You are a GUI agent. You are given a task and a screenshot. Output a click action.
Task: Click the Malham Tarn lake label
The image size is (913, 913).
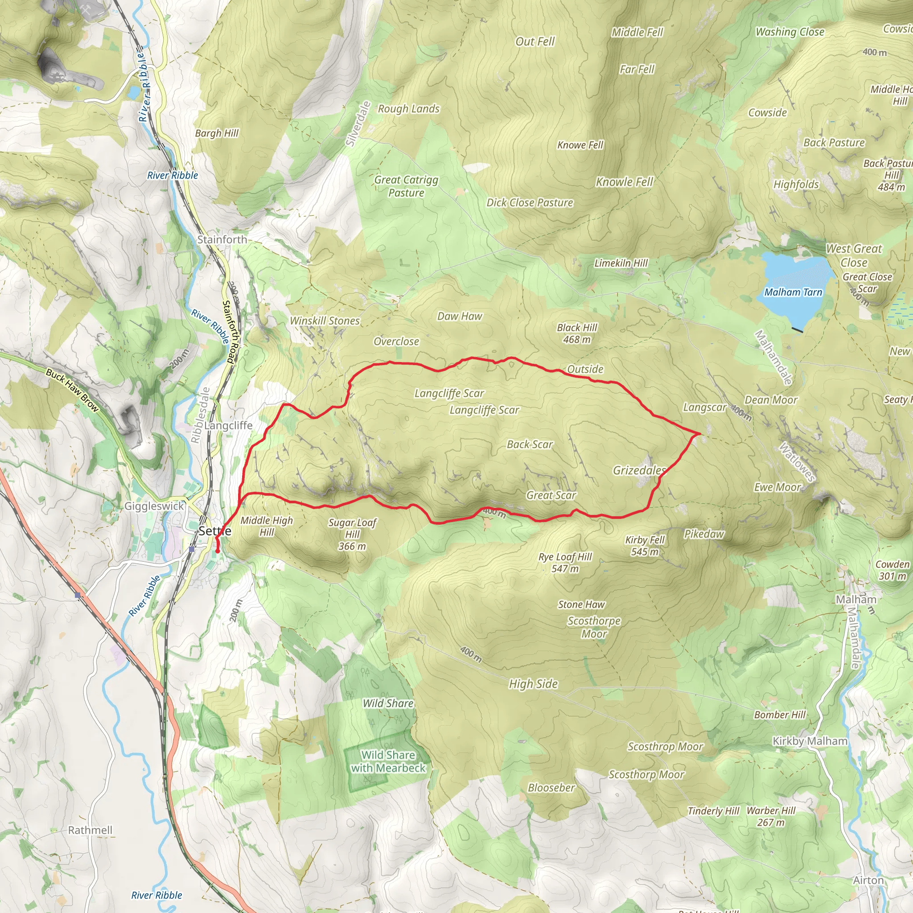793,292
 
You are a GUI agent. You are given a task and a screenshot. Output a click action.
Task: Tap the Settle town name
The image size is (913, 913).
215,531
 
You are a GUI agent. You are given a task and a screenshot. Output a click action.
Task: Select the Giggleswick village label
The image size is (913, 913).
154,506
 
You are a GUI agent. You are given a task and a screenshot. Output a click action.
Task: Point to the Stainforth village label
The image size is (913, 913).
222,239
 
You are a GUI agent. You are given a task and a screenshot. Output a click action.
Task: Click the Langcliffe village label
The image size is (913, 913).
228,425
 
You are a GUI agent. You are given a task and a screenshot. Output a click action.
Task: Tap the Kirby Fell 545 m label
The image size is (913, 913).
645,545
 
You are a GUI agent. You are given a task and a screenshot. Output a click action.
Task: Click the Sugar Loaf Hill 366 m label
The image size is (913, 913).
353,534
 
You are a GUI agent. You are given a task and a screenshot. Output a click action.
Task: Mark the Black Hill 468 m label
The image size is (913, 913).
577,333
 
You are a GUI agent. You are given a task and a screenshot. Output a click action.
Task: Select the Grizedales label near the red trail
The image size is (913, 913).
639,470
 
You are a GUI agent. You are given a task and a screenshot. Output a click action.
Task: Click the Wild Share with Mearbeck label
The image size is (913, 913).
388,761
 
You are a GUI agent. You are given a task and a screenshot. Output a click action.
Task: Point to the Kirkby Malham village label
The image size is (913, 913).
810,741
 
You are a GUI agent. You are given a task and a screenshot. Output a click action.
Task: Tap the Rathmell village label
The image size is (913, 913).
90,830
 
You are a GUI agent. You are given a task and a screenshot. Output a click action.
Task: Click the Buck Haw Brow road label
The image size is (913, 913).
72,391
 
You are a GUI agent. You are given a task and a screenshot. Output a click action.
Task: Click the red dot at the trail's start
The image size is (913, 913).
218,551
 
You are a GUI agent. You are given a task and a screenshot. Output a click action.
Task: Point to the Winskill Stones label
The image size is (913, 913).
325,321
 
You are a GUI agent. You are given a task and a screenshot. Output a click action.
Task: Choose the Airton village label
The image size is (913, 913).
868,880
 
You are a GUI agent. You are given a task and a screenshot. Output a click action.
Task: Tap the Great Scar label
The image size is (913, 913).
551,495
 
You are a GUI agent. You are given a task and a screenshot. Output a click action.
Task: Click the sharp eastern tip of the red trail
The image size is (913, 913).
699,433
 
